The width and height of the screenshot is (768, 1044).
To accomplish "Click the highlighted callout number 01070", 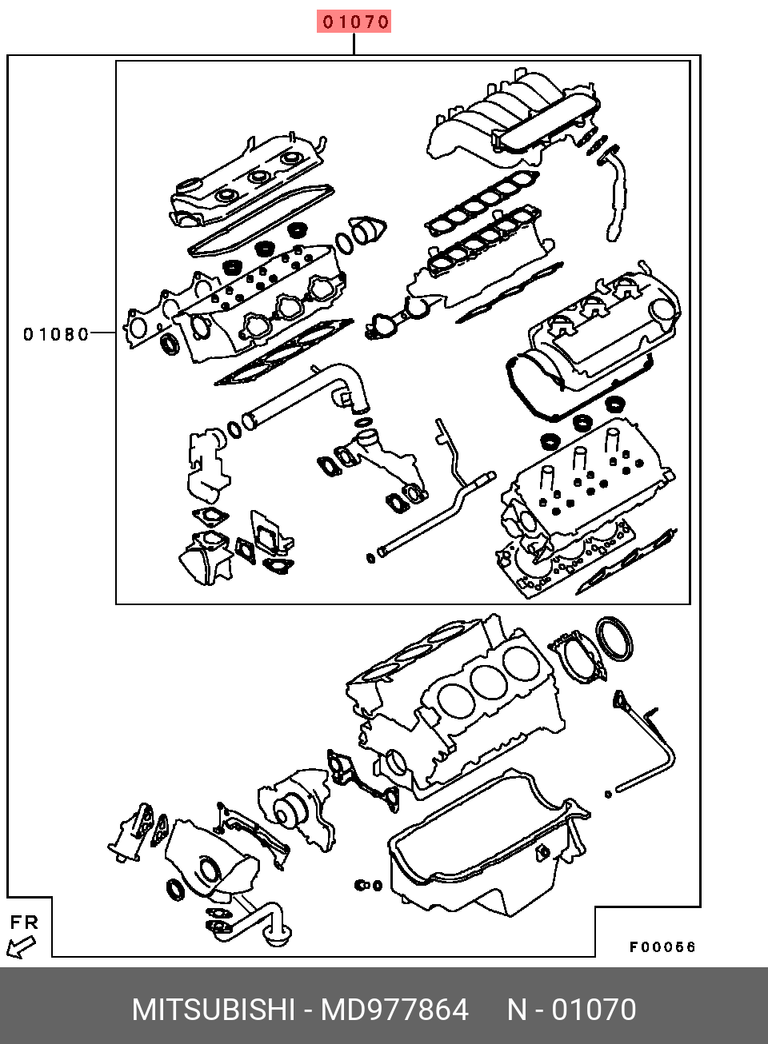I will coord(354,22).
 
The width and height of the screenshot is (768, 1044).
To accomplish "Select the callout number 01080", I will coord(56,334).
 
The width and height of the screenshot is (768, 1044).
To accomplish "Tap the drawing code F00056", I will coord(662,947).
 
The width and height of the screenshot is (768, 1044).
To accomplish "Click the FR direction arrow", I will coord(21,947).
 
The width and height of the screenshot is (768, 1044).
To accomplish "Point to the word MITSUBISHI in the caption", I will coord(214,1010).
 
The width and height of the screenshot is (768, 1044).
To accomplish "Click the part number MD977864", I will coord(394,1010).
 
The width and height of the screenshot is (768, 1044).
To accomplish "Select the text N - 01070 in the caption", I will coord(572,1010).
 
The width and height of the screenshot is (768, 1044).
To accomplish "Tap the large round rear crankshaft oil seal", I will coord(615,639).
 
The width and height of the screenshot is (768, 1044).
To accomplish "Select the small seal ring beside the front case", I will coord(174,889).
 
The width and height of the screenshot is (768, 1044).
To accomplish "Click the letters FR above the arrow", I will coord(24,922).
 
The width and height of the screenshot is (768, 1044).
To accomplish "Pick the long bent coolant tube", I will coord(448,504).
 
